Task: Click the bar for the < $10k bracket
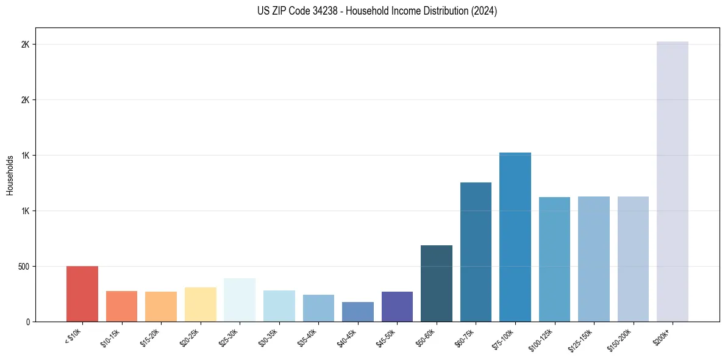click(x=82, y=294)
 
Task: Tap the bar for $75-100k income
click(x=515, y=237)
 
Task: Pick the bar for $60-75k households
click(x=476, y=252)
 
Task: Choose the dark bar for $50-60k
click(x=436, y=284)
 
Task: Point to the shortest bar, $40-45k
click(x=357, y=312)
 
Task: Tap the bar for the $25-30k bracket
click(x=240, y=300)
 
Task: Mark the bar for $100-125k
click(x=554, y=259)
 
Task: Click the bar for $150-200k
click(x=633, y=259)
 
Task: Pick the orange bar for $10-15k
click(x=121, y=306)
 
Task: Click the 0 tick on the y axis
click(x=28, y=322)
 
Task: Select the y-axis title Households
click(x=10, y=175)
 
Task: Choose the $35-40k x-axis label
click(x=310, y=337)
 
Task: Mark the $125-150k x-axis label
click(x=582, y=338)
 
